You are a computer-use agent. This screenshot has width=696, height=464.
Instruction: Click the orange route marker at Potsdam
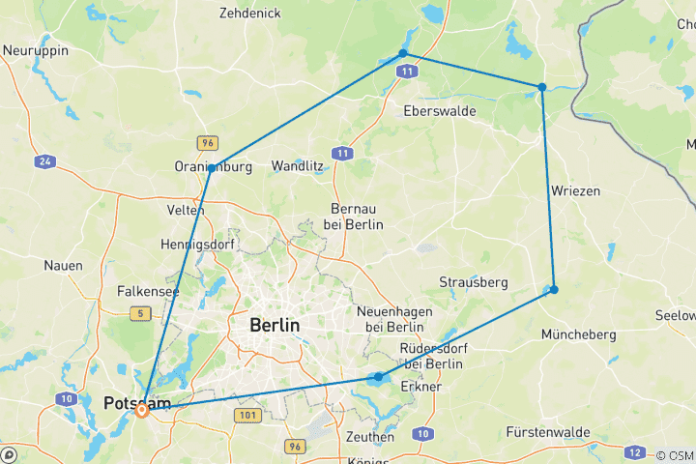(142, 410)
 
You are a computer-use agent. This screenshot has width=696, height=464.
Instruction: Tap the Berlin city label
(274, 326)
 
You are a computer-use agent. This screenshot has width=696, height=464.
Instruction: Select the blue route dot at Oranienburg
(212, 168)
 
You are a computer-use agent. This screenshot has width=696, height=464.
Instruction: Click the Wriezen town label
(575, 190)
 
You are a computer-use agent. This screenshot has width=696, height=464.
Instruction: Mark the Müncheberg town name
(579, 334)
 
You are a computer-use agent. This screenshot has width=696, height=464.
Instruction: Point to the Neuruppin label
(35, 50)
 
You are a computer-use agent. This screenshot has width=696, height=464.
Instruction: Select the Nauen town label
(63, 265)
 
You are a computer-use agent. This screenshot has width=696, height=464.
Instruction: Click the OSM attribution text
(676, 455)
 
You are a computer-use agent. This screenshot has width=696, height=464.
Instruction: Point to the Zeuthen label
(369, 437)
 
